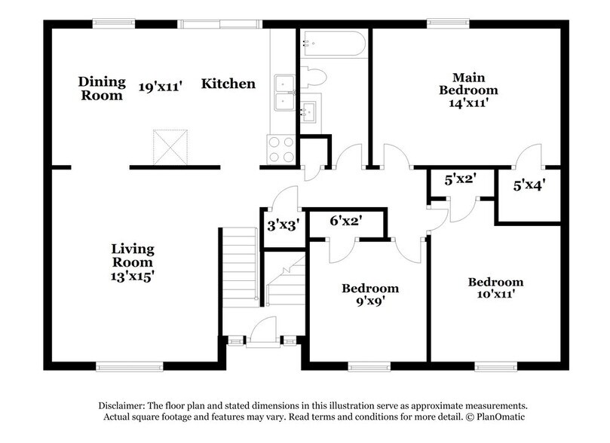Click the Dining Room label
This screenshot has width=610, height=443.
(x=101, y=88)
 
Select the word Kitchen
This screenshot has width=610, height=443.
(x=228, y=84)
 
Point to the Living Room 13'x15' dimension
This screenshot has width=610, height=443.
(x=133, y=276)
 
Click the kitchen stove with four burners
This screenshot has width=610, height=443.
(x=280, y=149)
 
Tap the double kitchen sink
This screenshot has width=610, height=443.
(x=284, y=93)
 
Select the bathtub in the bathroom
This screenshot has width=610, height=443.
(x=333, y=44)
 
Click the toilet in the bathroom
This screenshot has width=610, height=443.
(x=313, y=77)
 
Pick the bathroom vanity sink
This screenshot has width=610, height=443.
(x=309, y=112)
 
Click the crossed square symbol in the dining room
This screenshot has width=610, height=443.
(x=170, y=146)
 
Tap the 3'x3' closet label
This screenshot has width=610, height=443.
(x=284, y=224)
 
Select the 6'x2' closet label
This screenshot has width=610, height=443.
(x=347, y=221)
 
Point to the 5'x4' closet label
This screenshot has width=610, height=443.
(x=529, y=184)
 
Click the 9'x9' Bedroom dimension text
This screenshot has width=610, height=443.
(x=370, y=301)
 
